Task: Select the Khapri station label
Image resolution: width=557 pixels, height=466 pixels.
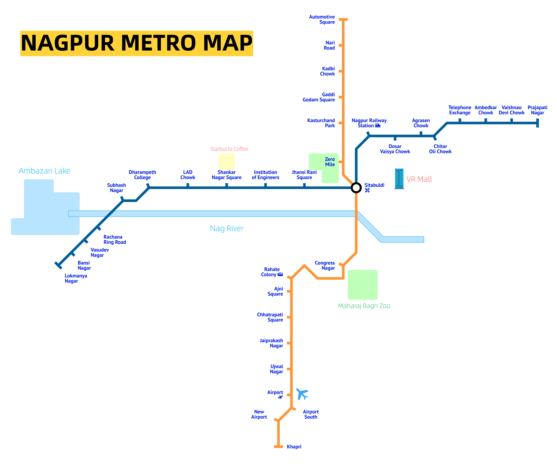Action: [294, 447]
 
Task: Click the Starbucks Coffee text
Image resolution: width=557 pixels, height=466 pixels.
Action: [229, 149]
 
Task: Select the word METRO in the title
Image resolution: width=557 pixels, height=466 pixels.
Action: [158, 43]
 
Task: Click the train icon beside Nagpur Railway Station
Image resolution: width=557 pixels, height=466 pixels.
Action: [378, 126]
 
